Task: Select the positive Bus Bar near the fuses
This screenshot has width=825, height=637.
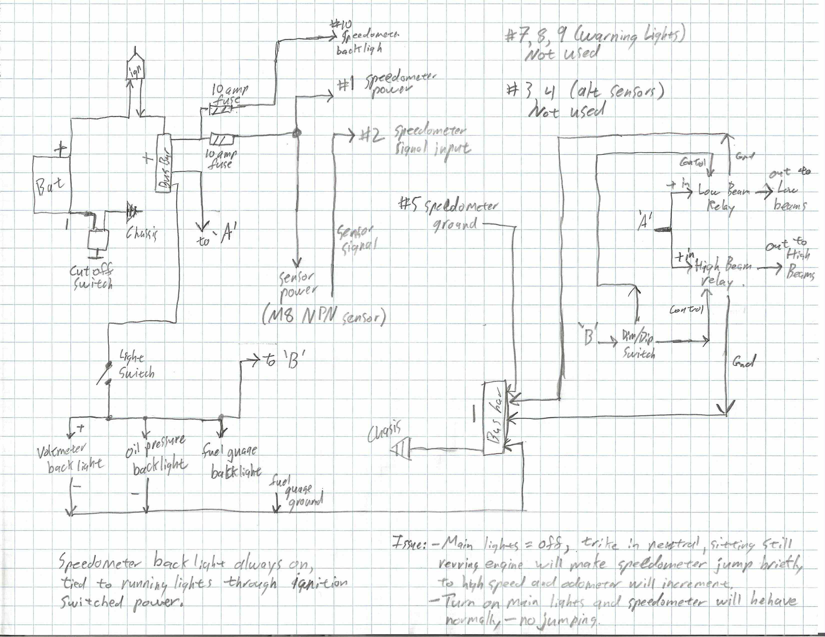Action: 164,163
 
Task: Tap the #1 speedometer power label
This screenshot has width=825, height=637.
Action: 385,84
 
